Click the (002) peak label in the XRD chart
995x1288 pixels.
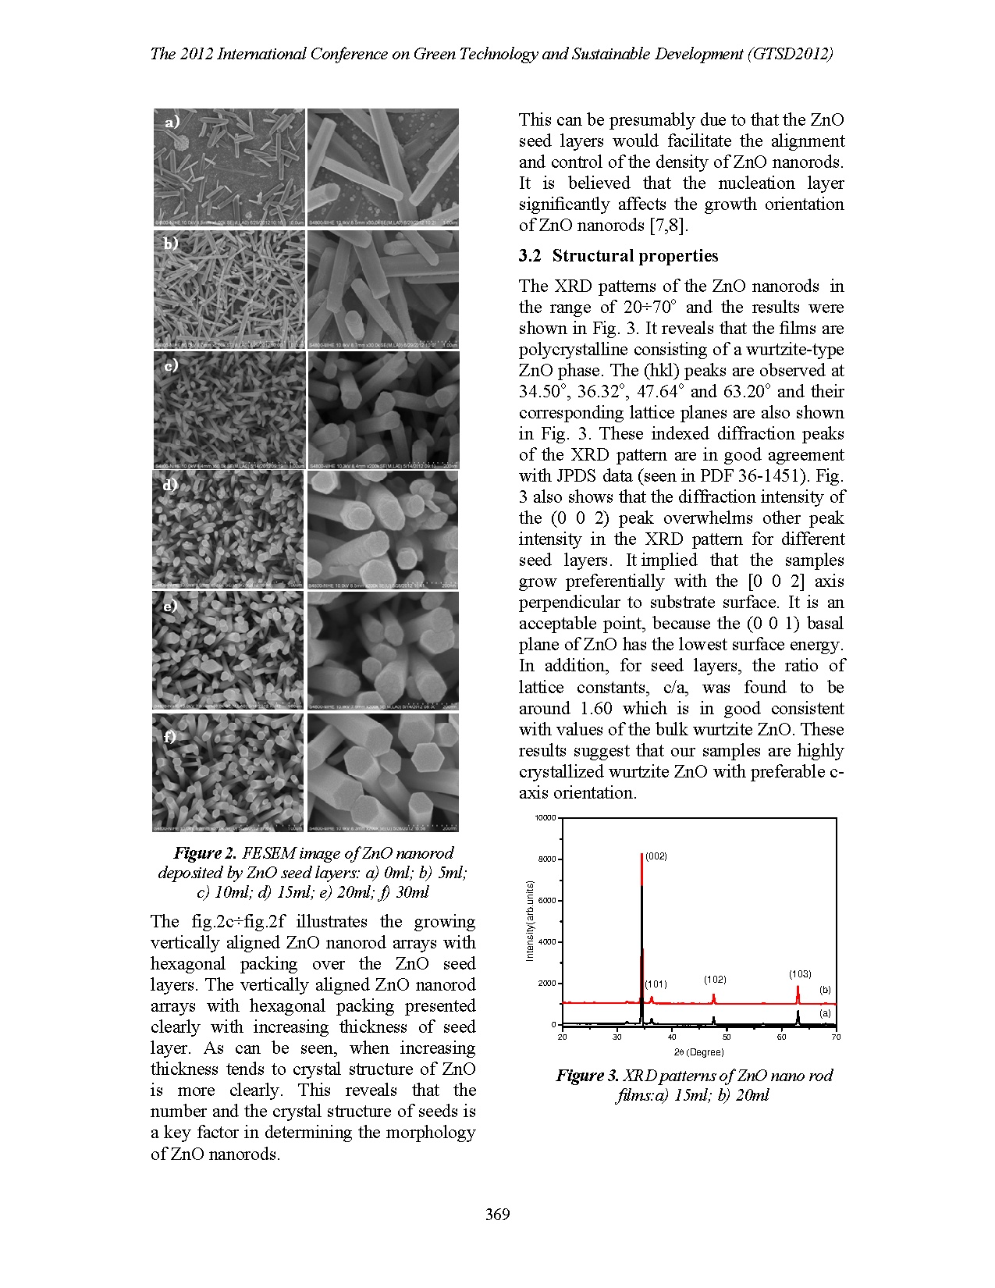(x=656, y=856)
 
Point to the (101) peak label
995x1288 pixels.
(x=656, y=984)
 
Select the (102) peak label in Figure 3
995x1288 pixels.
(x=715, y=979)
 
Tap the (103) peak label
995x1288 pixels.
(x=800, y=974)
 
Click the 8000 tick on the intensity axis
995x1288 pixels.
(x=545, y=859)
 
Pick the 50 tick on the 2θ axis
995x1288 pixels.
(x=727, y=1037)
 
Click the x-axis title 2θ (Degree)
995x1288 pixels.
(x=699, y=1052)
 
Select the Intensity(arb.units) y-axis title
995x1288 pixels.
(x=530, y=920)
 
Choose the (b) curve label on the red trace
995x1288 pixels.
(x=825, y=990)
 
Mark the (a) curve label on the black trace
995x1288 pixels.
(x=825, y=1012)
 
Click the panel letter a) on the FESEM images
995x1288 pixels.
(x=172, y=123)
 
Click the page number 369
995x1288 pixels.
(x=497, y=1214)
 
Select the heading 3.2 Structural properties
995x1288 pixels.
(x=618, y=256)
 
